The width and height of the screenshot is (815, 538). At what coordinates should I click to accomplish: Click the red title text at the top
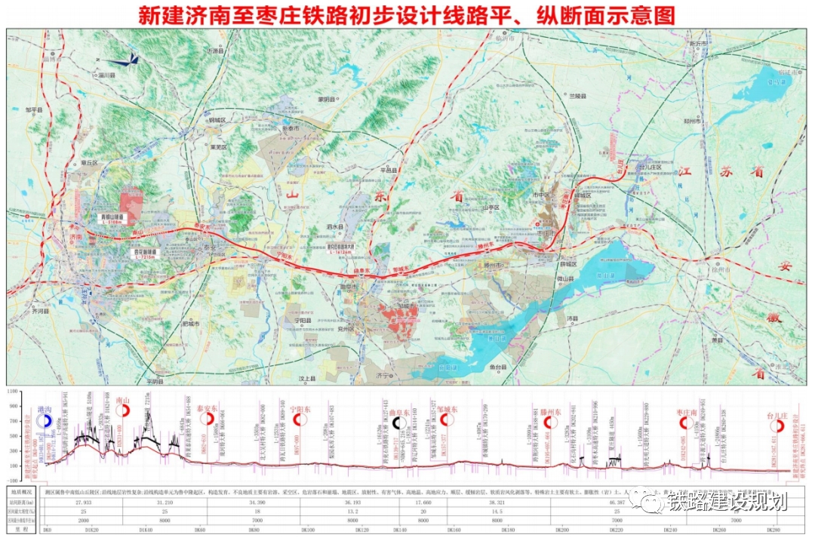(x=407, y=15)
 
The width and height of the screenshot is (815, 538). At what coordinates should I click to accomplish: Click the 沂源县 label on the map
(x=217, y=51)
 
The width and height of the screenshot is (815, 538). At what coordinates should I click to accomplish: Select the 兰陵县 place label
(x=577, y=96)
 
